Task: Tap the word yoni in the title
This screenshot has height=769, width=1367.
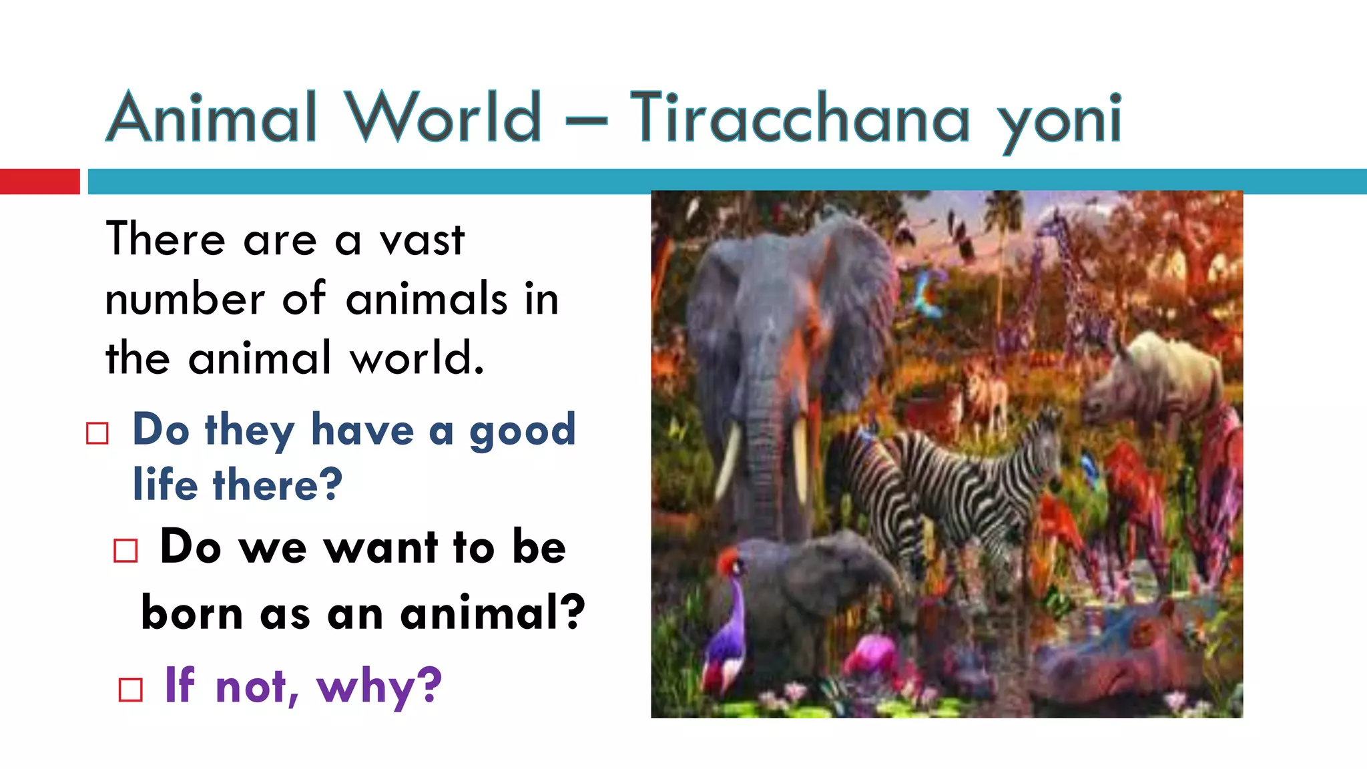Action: click(1061, 120)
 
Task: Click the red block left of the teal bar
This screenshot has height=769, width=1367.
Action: click(39, 182)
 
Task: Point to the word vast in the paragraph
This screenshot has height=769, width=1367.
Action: click(421, 240)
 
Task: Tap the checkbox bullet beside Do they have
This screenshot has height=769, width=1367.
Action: click(97, 433)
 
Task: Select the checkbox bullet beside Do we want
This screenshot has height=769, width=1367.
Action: click(125, 551)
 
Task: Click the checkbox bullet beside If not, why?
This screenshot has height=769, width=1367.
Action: click(130, 690)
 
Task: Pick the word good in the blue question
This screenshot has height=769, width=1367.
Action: click(522, 431)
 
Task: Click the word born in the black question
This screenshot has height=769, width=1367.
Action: click(192, 612)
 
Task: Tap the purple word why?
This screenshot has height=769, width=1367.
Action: click(379, 686)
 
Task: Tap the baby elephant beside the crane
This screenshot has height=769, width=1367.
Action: click(814, 587)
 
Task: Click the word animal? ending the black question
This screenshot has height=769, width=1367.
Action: click(493, 612)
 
